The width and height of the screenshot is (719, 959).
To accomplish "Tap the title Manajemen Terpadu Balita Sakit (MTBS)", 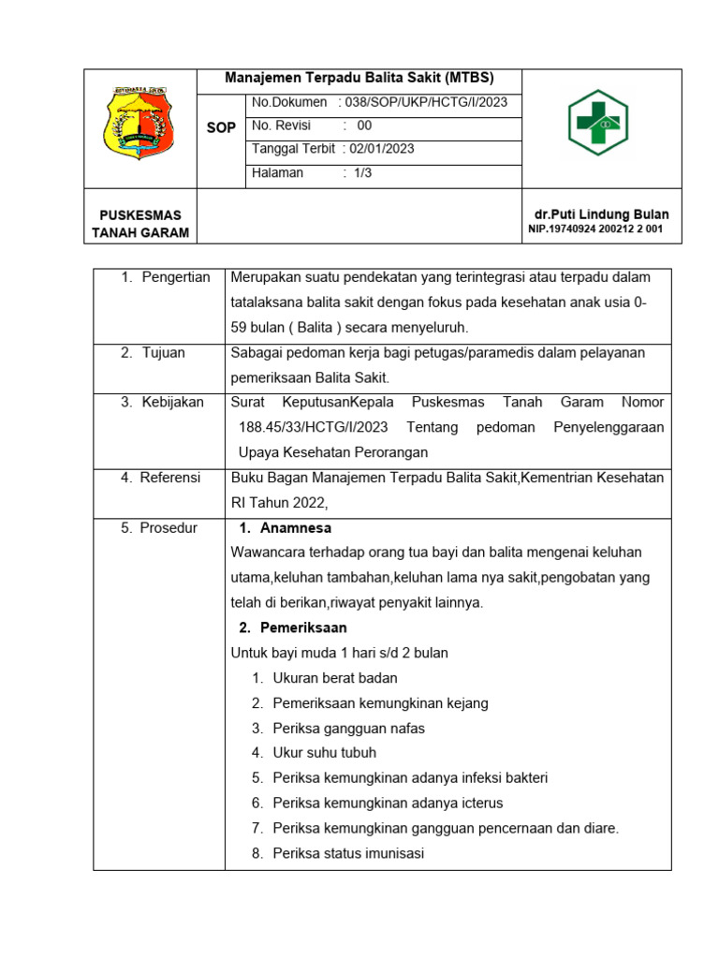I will [359, 79].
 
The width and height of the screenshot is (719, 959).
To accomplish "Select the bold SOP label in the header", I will [221, 128].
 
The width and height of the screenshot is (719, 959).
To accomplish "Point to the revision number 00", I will [364, 125].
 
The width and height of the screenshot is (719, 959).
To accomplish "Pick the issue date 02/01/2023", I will [378, 149].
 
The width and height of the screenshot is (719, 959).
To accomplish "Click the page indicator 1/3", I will [363, 172].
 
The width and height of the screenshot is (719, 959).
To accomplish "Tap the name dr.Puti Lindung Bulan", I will [599, 214].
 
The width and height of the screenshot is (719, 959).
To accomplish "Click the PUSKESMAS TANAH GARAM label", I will [140, 224].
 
